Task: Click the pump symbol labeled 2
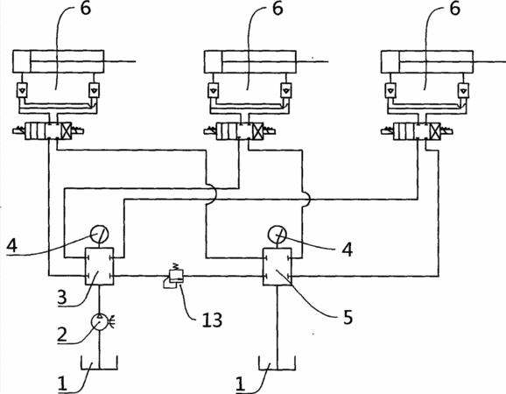click(100, 322)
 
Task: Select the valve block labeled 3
click(100, 266)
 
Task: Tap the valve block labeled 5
click(278, 267)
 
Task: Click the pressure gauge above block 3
click(100, 234)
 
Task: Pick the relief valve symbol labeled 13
click(173, 277)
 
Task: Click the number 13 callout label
click(212, 320)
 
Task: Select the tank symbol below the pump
click(100, 362)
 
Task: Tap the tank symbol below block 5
click(278, 362)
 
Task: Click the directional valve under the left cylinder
click(48, 131)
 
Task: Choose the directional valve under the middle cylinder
click(240, 131)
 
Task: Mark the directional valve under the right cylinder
click(417, 131)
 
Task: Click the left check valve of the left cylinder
click(22, 90)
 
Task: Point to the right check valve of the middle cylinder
click(286, 90)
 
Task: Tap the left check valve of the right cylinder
click(390, 90)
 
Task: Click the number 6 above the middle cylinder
click(278, 8)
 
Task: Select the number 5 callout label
click(348, 317)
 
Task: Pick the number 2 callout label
click(62, 334)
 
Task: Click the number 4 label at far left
click(12, 246)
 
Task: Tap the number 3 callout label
click(62, 297)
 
